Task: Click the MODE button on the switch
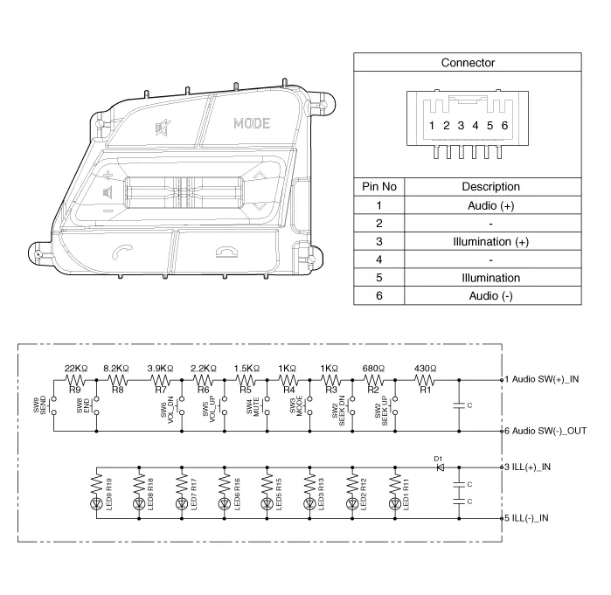point(252,123)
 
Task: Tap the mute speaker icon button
point(163,128)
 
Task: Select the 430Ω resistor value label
point(427,369)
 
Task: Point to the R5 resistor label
point(246,390)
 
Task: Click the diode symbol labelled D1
point(440,467)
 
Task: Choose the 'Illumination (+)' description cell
point(490,241)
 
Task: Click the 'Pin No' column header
point(379,186)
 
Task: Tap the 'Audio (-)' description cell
point(490,296)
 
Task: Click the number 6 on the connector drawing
point(504,126)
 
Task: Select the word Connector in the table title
point(468,63)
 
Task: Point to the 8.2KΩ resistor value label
point(116,369)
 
